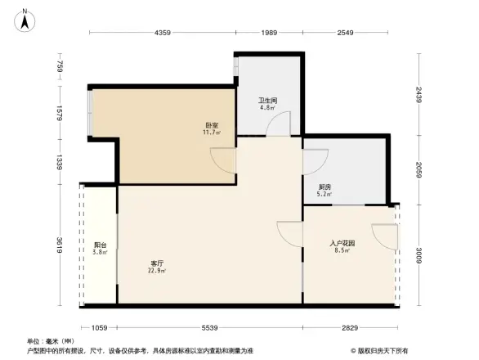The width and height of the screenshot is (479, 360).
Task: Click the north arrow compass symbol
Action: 25,19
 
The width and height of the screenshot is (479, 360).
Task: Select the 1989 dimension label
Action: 269,34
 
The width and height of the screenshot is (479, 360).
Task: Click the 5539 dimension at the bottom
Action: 210,327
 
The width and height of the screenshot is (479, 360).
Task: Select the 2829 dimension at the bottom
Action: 350,327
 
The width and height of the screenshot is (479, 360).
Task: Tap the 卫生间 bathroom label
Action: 266,101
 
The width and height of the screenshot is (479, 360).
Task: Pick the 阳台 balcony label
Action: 100,245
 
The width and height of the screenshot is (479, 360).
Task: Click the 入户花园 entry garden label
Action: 342,243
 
